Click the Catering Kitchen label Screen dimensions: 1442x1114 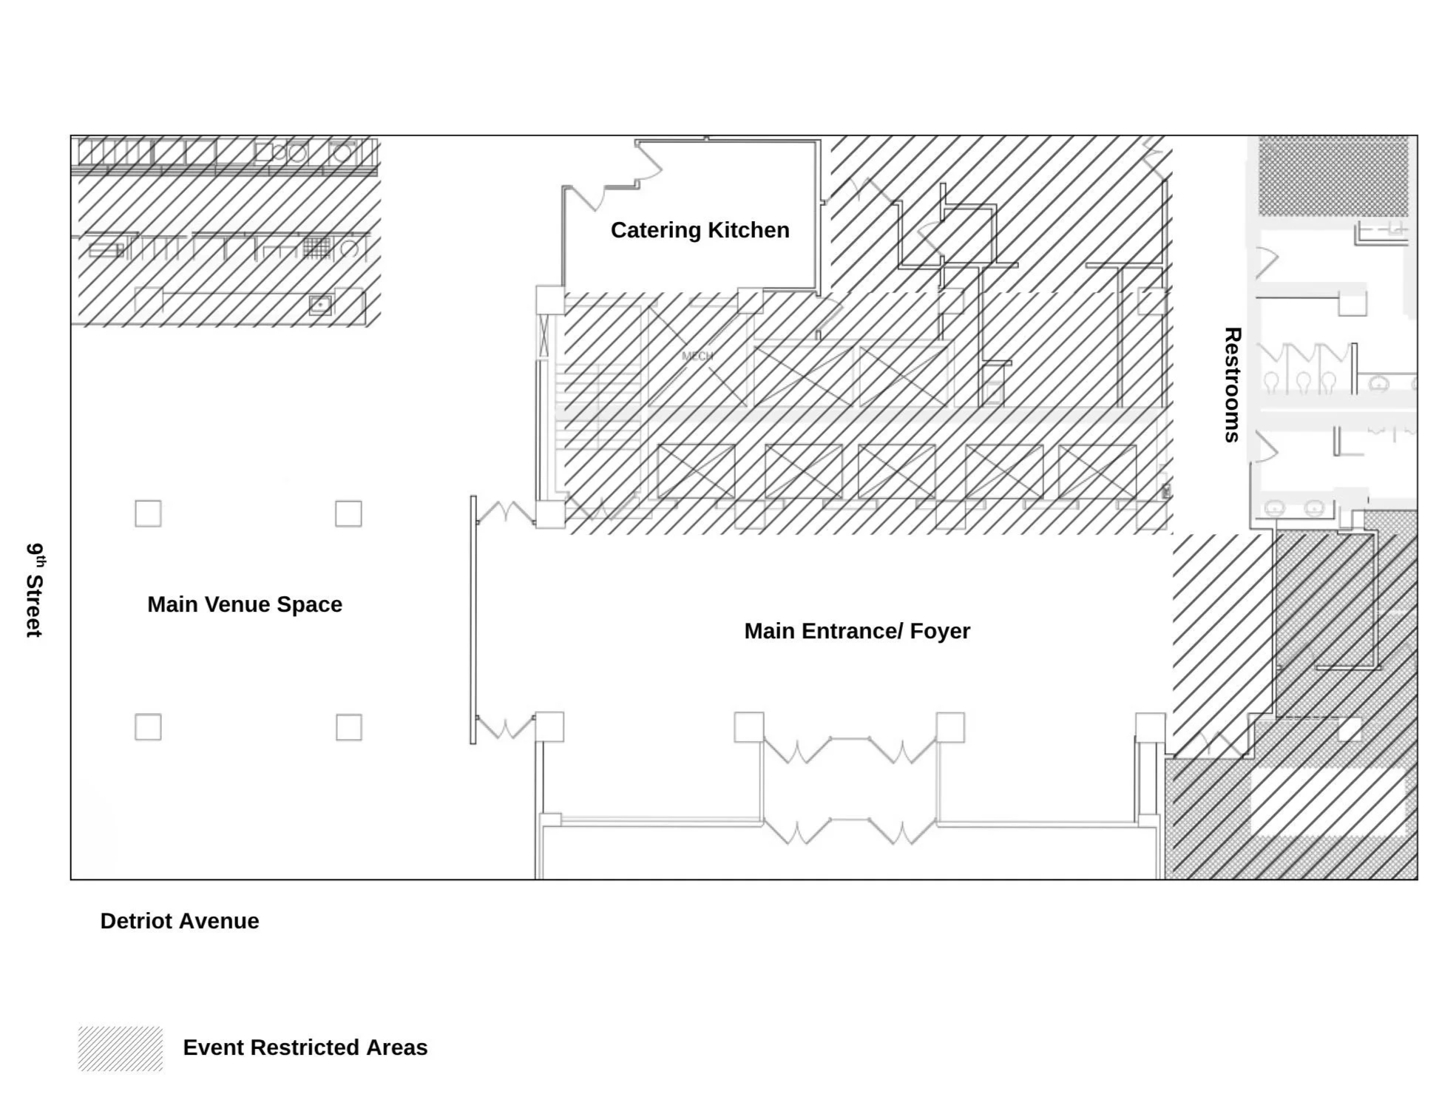(700, 230)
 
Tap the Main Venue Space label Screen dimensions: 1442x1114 (245, 604)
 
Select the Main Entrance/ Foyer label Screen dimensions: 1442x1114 (856, 631)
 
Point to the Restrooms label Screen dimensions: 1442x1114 (1231, 385)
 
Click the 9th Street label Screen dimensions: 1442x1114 (35, 590)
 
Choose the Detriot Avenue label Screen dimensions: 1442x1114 (180, 921)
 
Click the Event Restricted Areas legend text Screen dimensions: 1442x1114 (305, 1047)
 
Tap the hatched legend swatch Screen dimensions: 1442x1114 (121, 1048)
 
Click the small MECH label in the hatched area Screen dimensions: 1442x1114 (697, 356)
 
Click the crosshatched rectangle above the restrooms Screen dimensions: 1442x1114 (1333, 176)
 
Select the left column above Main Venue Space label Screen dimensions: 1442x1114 (148, 513)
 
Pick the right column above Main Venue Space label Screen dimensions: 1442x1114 (348, 513)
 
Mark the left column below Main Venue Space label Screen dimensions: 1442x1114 (148, 727)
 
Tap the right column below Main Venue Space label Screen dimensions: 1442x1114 (348, 727)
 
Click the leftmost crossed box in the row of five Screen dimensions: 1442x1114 (696, 471)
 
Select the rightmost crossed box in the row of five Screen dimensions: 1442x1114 (1097, 471)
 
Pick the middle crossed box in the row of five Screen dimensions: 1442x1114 (896, 471)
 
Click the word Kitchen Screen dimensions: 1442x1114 (748, 230)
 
